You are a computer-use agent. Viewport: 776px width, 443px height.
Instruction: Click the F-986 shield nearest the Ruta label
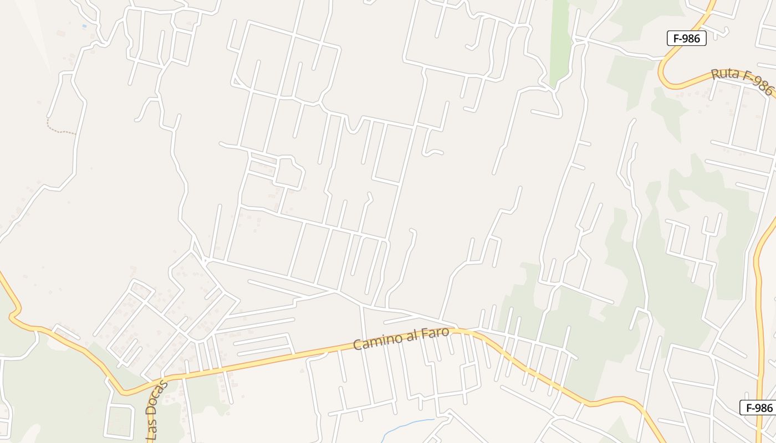[686, 38]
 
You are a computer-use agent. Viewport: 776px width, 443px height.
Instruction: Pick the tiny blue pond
[84, 26]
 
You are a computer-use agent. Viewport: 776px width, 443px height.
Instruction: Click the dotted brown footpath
[60, 131]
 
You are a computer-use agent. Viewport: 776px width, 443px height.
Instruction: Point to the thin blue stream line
[407, 425]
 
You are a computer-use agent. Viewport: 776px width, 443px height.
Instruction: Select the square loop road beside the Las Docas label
[119, 421]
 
